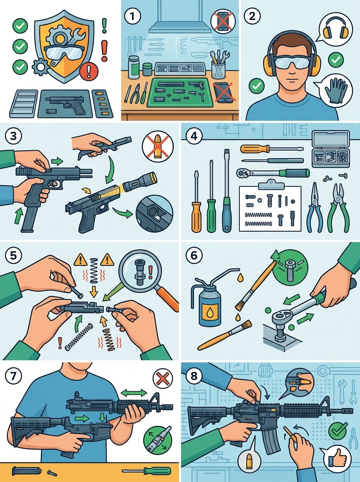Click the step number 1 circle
133,17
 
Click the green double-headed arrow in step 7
134,391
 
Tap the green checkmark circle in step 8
338,431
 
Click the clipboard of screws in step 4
270,208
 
